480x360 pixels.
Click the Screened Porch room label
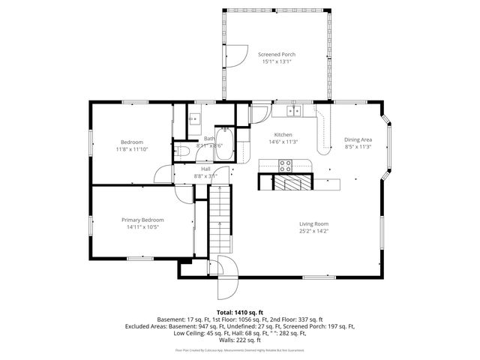pyautogui.click(x=277, y=55)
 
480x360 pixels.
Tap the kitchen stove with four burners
pyautogui.click(x=286, y=166)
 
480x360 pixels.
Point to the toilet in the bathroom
pyautogui.click(x=182, y=151)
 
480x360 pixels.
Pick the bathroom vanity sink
pyautogui.click(x=193, y=118)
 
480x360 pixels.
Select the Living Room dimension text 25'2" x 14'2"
pyautogui.click(x=314, y=231)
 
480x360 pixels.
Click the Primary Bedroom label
pyautogui.click(x=142, y=220)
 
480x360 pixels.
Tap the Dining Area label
pyautogui.click(x=358, y=139)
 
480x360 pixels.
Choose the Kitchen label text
pyautogui.click(x=283, y=134)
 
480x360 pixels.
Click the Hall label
pyautogui.click(x=205, y=169)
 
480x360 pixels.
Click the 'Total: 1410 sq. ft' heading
pyautogui.click(x=239, y=311)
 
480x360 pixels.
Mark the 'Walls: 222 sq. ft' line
pyautogui.click(x=239, y=340)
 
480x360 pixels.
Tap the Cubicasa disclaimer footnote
pyautogui.click(x=239, y=349)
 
